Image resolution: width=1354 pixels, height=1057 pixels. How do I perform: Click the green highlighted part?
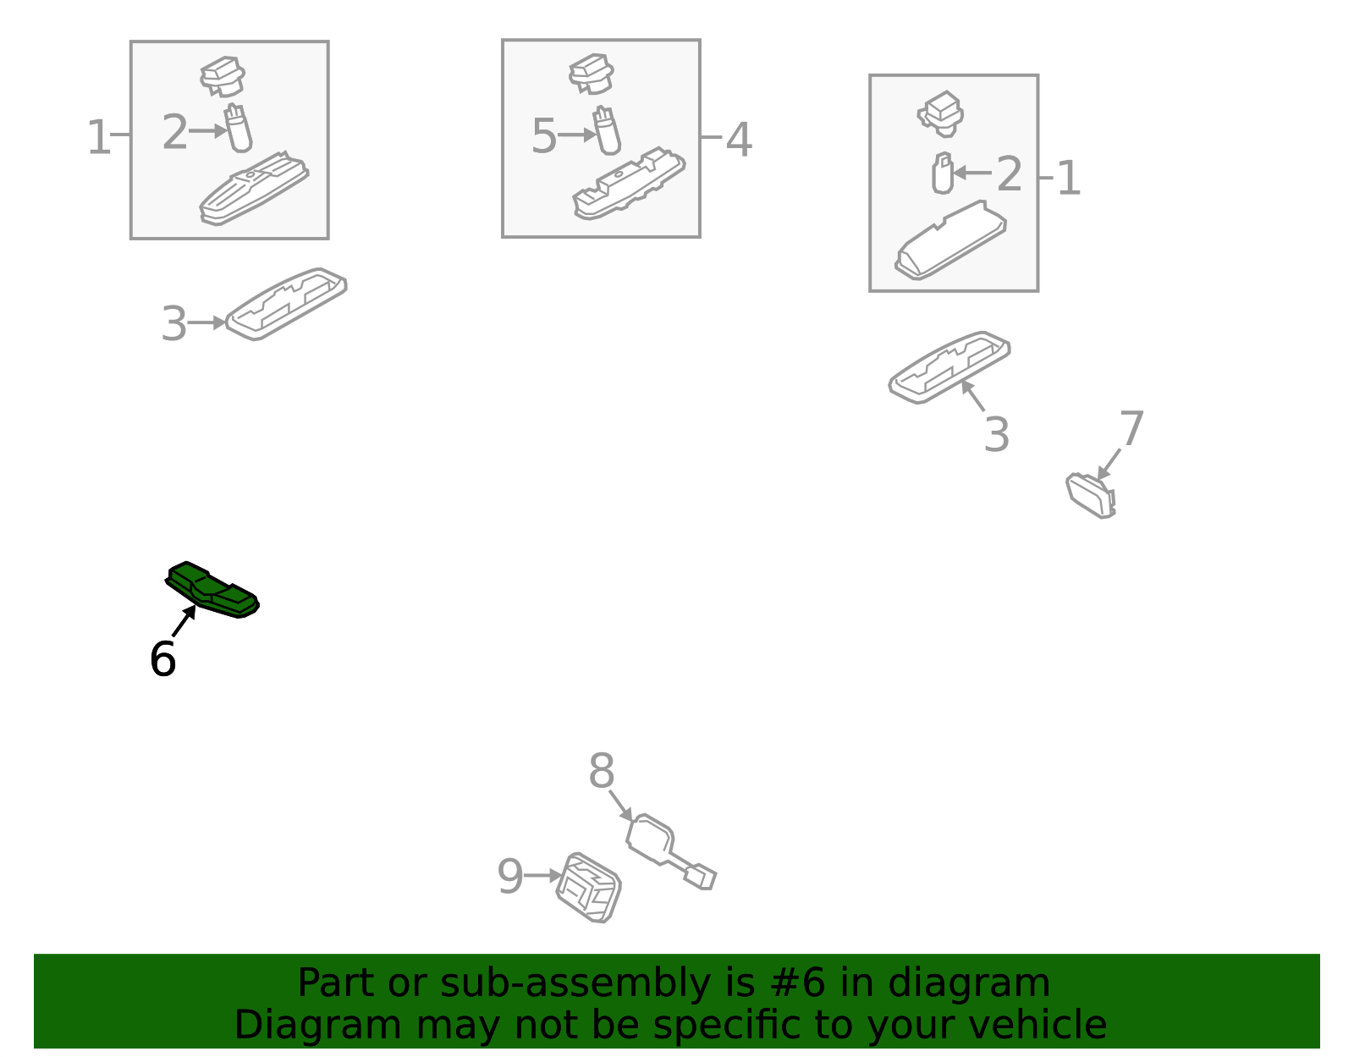click(212, 590)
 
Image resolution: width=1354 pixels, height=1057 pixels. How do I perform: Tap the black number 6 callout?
click(163, 659)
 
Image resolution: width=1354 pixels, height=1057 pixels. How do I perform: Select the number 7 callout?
click(1131, 428)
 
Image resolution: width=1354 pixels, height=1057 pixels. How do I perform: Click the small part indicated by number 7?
click(1091, 496)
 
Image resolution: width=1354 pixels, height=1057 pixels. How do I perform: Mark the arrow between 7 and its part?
click(1109, 464)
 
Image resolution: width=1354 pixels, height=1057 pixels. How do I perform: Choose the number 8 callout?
click(602, 770)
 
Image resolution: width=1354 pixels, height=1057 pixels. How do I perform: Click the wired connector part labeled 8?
click(671, 851)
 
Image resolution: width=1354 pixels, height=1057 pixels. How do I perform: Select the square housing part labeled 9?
click(588, 888)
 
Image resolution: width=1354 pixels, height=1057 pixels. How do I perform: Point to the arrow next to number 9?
click(542, 875)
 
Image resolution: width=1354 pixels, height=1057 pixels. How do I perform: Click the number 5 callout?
click(543, 135)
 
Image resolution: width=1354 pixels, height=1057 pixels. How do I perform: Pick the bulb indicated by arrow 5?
click(607, 130)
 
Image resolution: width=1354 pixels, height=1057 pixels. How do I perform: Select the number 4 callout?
click(739, 140)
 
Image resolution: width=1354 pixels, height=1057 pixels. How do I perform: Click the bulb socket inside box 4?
click(592, 74)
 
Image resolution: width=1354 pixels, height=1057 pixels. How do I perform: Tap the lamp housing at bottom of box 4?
click(630, 184)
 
